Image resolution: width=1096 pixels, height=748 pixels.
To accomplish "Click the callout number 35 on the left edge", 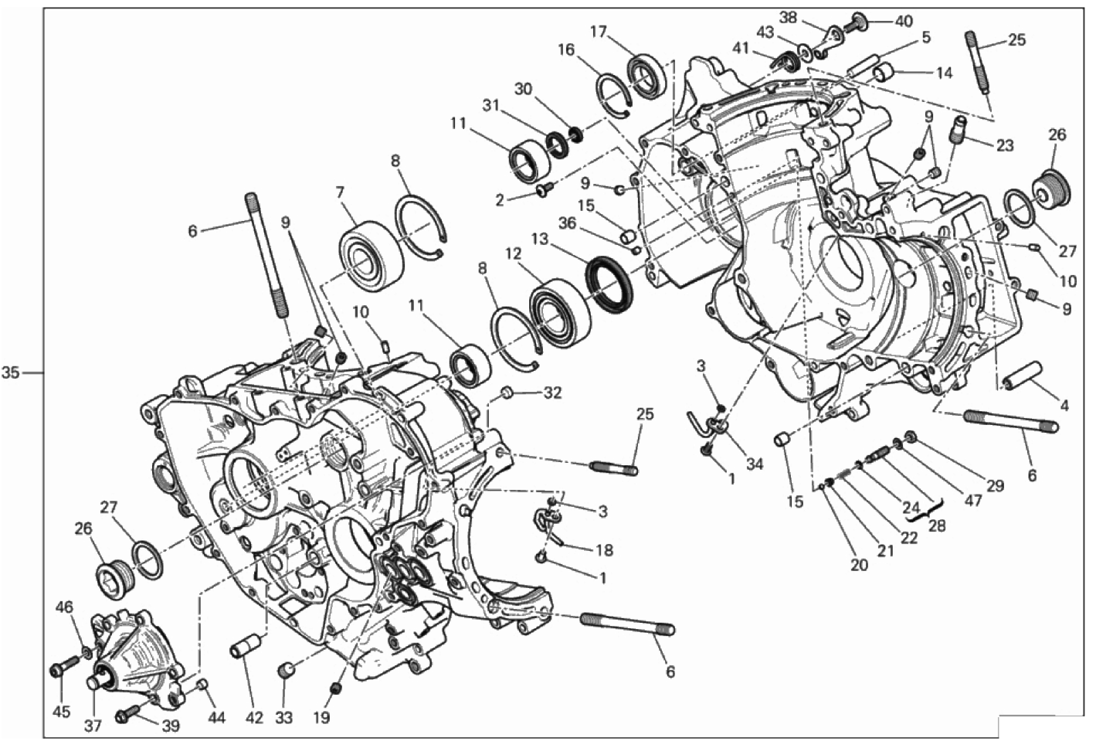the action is pyautogui.click(x=10, y=373).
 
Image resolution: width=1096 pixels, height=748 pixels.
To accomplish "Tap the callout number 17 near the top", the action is pyautogui.click(x=598, y=32).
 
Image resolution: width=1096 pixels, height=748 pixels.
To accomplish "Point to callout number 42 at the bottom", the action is pyautogui.click(x=254, y=718).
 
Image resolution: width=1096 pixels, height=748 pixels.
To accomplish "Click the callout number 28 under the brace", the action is pyautogui.click(x=937, y=525).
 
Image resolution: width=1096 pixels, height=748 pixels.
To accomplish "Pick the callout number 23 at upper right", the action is pyautogui.click(x=1005, y=145).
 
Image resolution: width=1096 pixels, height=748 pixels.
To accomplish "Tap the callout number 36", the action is pyautogui.click(x=568, y=224).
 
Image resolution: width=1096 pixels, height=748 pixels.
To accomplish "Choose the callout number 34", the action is pyautogui.click(x=755, y=463).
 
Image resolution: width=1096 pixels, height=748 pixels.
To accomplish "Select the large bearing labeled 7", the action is pyautogui.click(x=371, y=258).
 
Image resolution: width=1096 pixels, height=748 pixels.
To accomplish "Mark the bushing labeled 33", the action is pyautogui.click(x=287, y=670).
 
